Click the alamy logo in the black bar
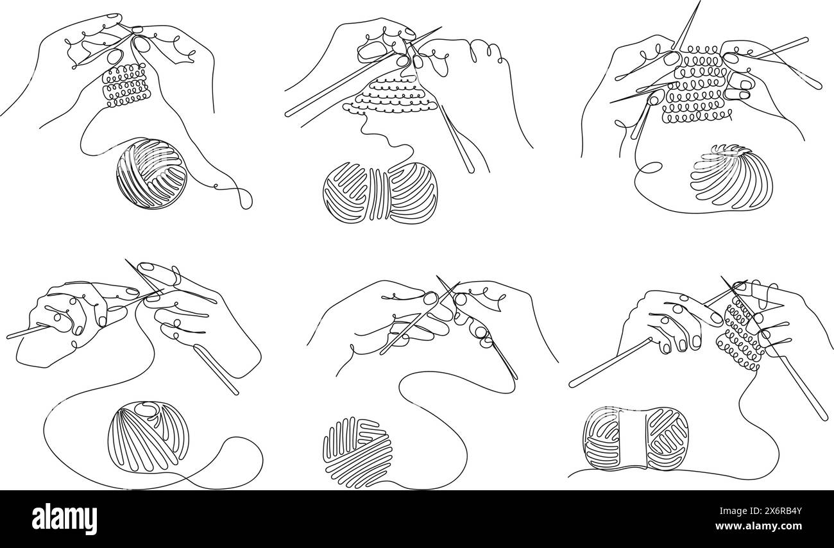coord(64,518)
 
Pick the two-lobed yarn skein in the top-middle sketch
coord(380,193)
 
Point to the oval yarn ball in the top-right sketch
coord(731,176)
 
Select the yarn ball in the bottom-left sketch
coord(148,436)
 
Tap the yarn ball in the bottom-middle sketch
coord(357,452)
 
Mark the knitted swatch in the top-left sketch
coord(126,85)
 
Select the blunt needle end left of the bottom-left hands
coord(10,335)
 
